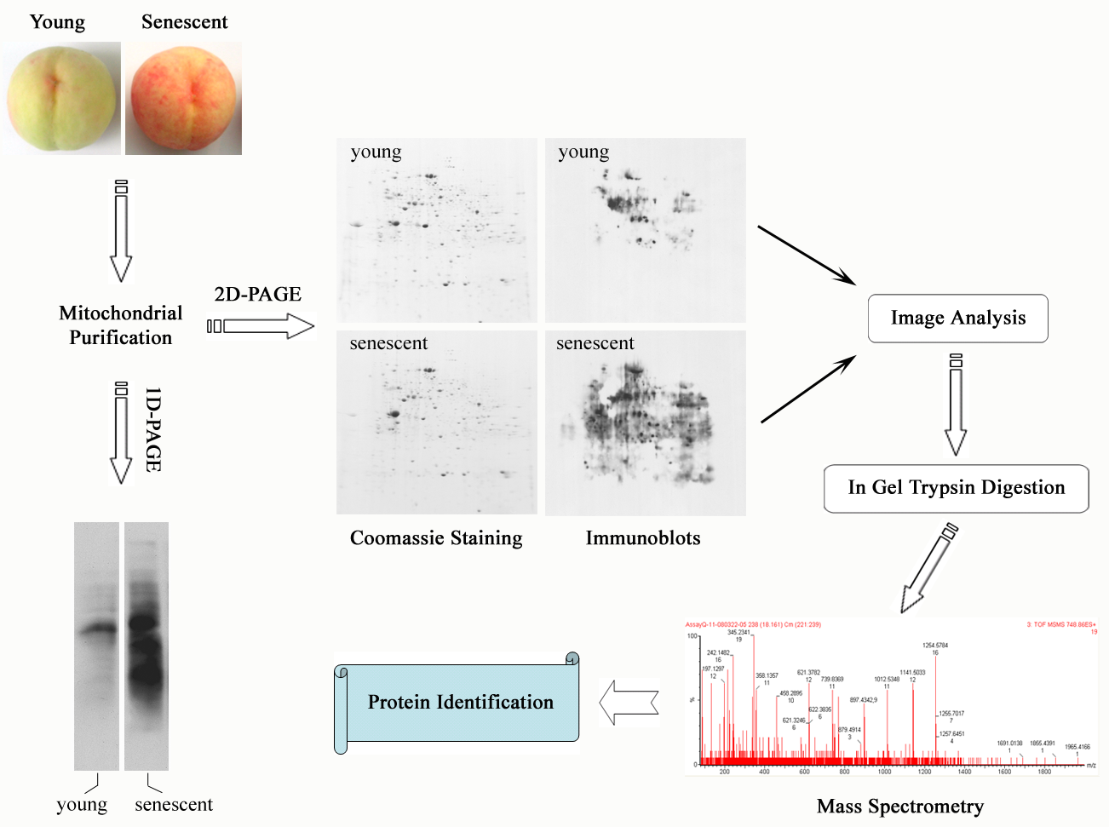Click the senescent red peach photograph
pyautogui.click(x=183, y=99)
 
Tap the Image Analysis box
pyautogui.click(x=957, y=319)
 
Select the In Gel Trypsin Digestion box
pyautogui.click(x=956, y=488)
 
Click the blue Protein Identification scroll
pyautogui.click(x=460, y=703)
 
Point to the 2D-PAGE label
pyautogui.click(x=257, y=295)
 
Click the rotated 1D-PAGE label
pyautogui.click(x=153, y=429)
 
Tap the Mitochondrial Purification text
pyautogui.click(x=120, y=325)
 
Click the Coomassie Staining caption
pyautogui.click(x=436, y=538)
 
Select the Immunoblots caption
pyautogui.click(x=643, y=538)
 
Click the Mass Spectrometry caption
pyautogui.click(x=899, y=807)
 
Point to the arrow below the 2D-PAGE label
pyautogui.click(x=261, y=325)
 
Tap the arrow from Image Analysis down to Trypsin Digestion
pyautogui.click(x=956, y=405)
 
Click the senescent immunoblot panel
pyautogui.click(x=645, y=422)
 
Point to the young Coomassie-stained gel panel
pyautogui.click(x=436, y=230)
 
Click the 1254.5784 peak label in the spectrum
pyautogui.click(x=935, y=646)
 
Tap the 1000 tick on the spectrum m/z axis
pyautogui.click(x=884, y=772)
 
